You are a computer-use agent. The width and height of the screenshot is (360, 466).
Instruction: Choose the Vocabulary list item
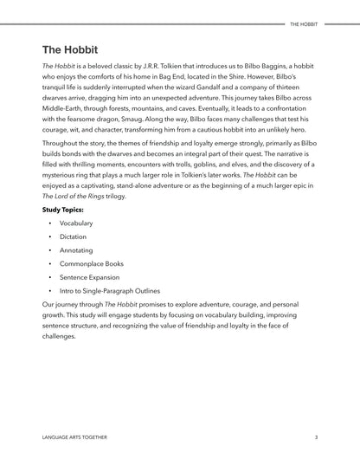pyautogui.click(x=76, y=223)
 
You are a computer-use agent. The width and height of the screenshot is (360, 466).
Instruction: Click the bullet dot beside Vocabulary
pyautogui.click(x=50, y=223)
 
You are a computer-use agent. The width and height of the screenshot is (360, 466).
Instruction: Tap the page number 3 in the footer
pyautogui.click(x=317, y=437)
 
